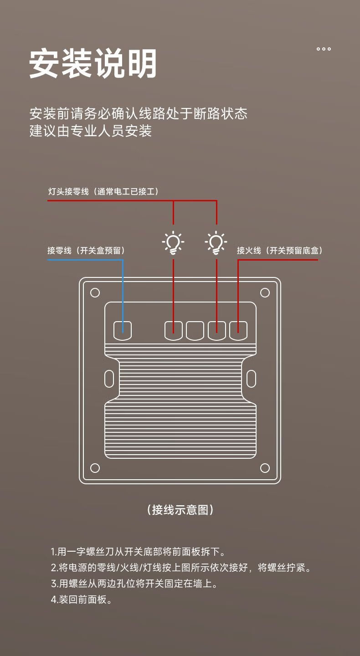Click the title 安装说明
[x=93, y=64]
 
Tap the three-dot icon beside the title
[x=324, y=49]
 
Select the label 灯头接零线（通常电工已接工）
[x=103, y=191]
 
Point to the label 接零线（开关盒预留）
[x=86, y=251]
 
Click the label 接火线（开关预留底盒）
[x=279, y=251]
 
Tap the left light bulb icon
[x=173, y=242]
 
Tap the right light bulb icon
[x=216, y=242]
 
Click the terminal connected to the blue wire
[x=122, y=330]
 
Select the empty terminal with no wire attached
[x=195, y=330]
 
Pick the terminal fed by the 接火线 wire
[x=238, y=330]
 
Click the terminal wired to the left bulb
[x=173, y=330]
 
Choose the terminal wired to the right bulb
[x=216, y=330]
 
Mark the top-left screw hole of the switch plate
[x=95, y=292]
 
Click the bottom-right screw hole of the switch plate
[x=265, y=468]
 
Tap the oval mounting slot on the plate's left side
[x=109, y=379]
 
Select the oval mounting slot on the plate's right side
[x=251, y=379]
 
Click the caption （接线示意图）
[x=180, y=510]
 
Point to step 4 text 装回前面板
[x=82, y=600]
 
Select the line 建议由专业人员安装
[x=90, y=131]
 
